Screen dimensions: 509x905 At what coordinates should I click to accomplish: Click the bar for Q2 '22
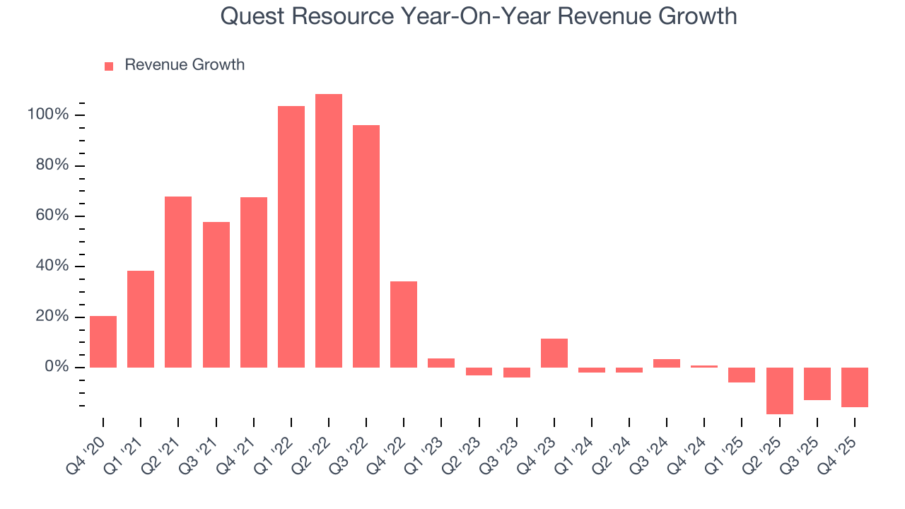[x=329, y=230]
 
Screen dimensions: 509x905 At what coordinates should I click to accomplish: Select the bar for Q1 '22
[x=291, y=237]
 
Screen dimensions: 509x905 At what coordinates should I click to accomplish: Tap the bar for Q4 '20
[x=103, y=341]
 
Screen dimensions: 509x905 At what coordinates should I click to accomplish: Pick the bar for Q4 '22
[x=404, y=324]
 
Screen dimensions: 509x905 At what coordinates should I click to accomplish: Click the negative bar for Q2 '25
[x=780, y=390]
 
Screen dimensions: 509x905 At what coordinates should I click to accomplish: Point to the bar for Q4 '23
[x=554, y=353]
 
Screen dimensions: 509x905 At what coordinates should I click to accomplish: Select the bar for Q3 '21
[x=216, y=295]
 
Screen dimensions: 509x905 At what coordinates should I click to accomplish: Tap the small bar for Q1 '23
[x=441, y=363]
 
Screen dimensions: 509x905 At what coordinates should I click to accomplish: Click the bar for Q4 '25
[x=855, y=387]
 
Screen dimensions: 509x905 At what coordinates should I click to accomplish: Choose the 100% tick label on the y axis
[x=48, y=115]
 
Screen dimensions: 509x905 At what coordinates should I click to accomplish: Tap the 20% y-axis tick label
[x=51, y=317]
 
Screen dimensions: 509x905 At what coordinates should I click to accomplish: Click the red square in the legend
[x=109, y=66]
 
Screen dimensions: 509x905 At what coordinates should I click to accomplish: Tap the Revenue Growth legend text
[x=185, y=65]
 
